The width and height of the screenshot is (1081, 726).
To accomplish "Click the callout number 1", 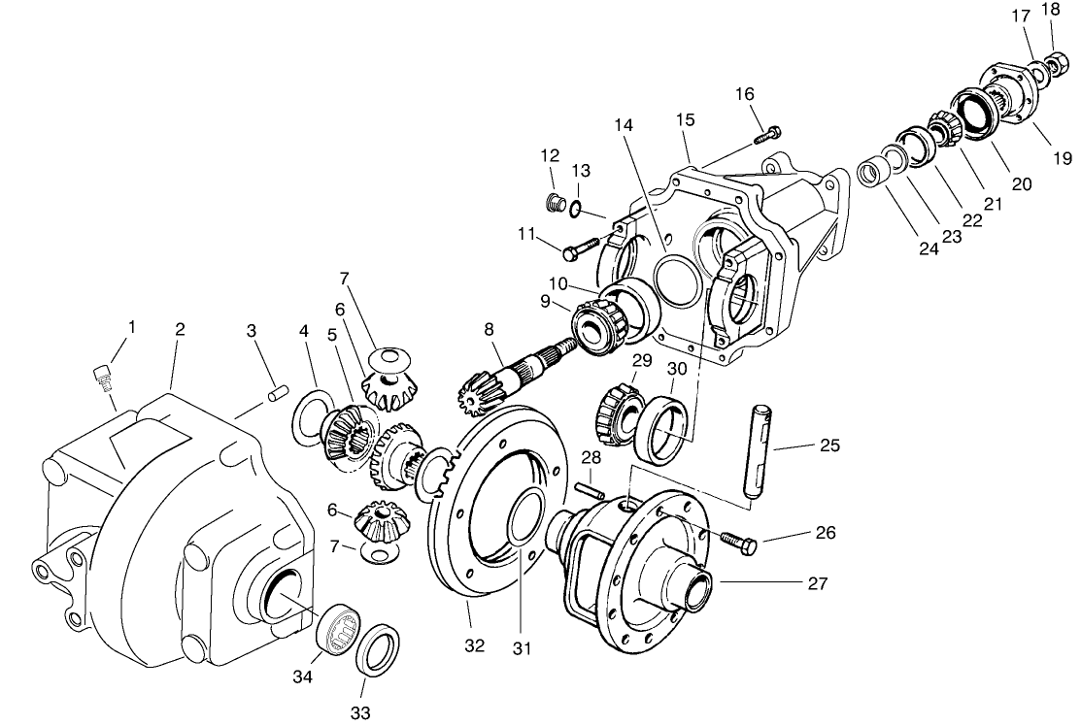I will [132, 327].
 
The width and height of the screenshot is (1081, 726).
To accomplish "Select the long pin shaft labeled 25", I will [756, 453].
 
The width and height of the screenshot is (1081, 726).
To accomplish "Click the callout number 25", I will [828, 445].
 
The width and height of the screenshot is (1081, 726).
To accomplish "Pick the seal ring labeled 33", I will [377, 649].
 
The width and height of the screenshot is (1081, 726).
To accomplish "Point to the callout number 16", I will [744, 94].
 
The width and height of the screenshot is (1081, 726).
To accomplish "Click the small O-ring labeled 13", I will [576, 206].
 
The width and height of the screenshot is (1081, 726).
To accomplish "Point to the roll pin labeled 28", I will [590, 491].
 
